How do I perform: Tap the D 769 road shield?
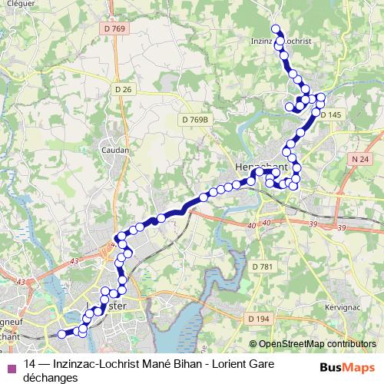113,29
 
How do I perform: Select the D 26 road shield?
124,89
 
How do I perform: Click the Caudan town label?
114,151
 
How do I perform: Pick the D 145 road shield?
330,114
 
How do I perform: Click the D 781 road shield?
262,266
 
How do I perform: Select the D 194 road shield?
260,317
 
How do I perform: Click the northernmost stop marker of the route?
276,29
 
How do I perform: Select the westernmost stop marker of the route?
61,334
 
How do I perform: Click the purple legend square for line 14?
11,366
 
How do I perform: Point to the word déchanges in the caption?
51,378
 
